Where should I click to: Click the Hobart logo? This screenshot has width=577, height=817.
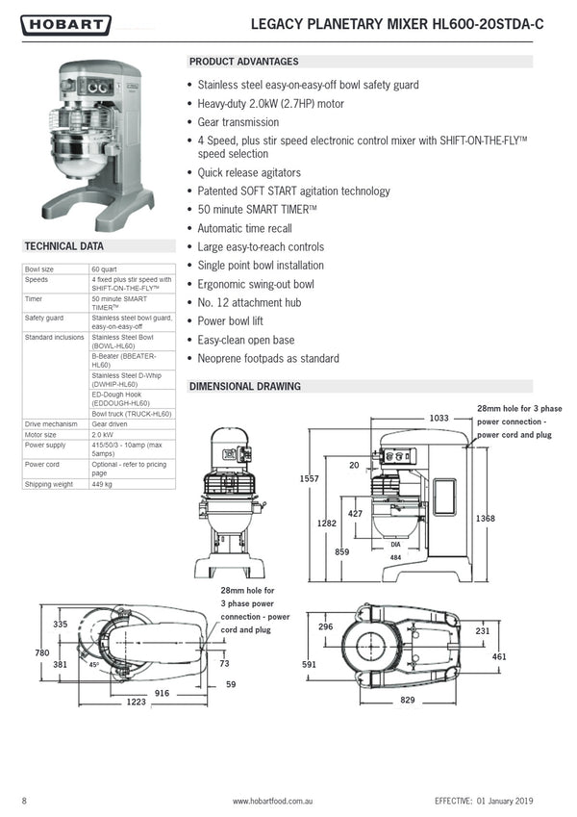pyautogui.click(x=64, y=25)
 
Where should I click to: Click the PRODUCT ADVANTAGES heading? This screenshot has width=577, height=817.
pyautogui.click(x=243, y=62)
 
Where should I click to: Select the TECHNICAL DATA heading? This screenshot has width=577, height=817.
pyautogui.click(x=63, y=246)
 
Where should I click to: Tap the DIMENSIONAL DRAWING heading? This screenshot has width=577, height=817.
pyautogui.click(x=245, y=387)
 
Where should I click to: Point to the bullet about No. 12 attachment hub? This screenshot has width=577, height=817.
pyautogui.click(x=249, y=302)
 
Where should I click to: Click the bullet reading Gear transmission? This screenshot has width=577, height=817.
pyautogui.click(x=238, y=122)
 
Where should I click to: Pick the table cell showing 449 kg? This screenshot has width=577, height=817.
pyautogui.click(x=102, y=484)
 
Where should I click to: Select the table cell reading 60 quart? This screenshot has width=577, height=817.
pyautogui.click(x=105, y=269)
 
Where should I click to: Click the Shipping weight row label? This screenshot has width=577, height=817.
pyautogui.click(x=47, y=484)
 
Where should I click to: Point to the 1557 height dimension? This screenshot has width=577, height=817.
pyautogui.click(x=309, y=478)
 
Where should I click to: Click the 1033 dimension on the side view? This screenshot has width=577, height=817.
pyautogui.click(x=439, y=419)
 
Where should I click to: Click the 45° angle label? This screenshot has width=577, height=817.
pyautogui.click(x=95, y=665)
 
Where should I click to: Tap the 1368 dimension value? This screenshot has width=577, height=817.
pyautogui.click(x=485, y=519)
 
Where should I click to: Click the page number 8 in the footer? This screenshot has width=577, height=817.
pyautogui.click(x=24, y=801)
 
